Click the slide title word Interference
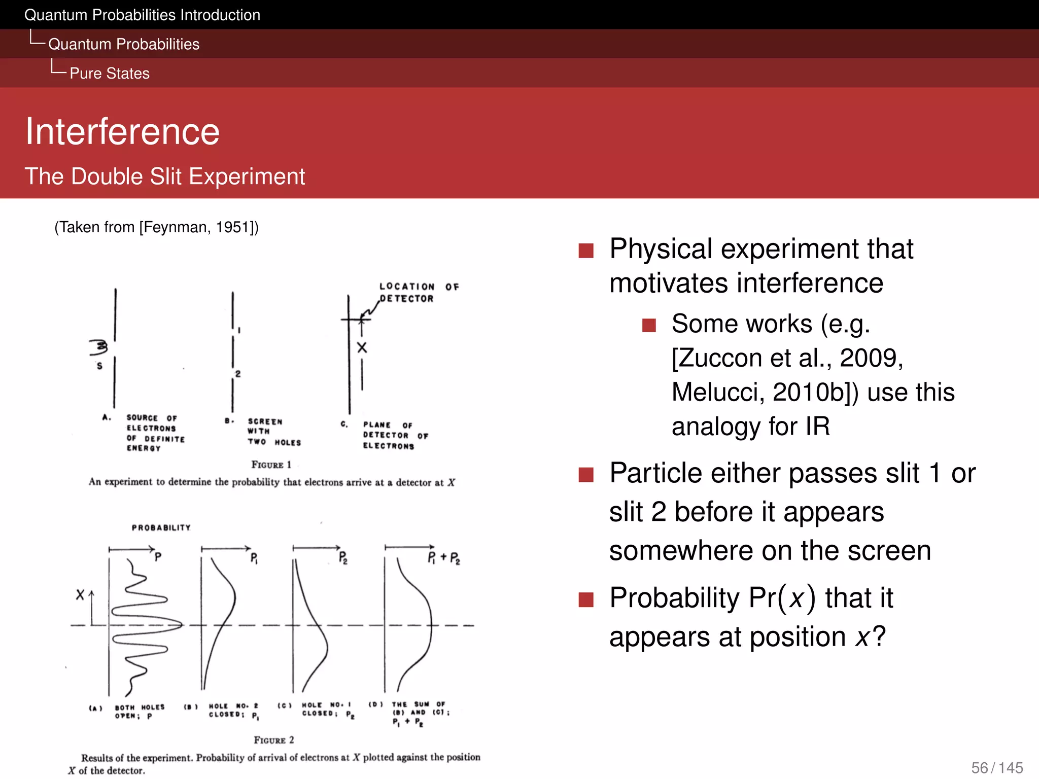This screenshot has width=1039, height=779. pos(122,131)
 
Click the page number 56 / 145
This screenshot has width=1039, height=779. pos(996,767)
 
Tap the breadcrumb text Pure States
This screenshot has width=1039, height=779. pos(109,74)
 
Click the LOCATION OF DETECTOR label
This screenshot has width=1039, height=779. pos(418,293)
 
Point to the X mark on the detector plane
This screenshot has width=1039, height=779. pos(362,347)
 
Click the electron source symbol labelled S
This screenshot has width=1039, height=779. pos(99,347)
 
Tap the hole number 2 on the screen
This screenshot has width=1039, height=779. pos(237,374)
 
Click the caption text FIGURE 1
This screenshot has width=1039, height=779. pos(271,465)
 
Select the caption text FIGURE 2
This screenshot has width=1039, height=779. pos(273,740)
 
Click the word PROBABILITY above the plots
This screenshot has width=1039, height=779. pos(161,527)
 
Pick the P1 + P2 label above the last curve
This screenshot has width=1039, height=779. pos(443,558)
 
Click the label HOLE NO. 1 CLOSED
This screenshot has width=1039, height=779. pos(327,709)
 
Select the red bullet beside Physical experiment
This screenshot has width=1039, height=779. pos(586,250)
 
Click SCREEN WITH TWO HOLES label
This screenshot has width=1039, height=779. pos(273,432)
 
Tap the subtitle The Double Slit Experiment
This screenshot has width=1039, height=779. pos(165,176)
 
